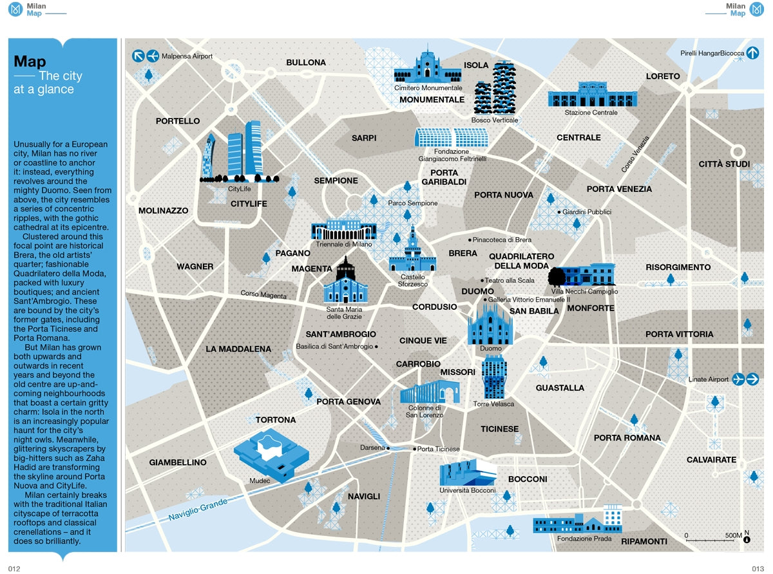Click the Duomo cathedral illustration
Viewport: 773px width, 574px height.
[x=490, y=322]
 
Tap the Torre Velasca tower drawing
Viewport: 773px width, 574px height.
[x=494, y=377]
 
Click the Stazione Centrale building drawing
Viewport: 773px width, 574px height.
[x=591, y=95]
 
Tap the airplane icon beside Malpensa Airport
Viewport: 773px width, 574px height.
[x=153, y=56]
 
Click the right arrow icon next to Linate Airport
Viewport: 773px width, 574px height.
[x=753, y=379]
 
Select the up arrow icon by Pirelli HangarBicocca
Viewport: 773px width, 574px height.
[x=753, y=53]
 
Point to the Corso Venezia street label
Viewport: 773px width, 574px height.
[x=635, y=155]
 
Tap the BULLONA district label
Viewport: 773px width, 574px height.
[x=306, y=62]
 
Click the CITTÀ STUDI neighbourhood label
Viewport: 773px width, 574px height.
[x=724, y=164]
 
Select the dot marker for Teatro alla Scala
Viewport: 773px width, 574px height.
[x=482, y=280]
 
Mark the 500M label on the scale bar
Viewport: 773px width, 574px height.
[x=733, y=535]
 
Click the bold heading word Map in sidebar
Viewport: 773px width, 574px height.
[x=30, y=62]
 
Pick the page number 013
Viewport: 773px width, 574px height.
[x=757, y=568]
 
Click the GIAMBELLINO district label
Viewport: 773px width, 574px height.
[x=178, y=463]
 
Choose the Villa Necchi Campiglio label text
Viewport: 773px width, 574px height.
[x=584, y=292]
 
